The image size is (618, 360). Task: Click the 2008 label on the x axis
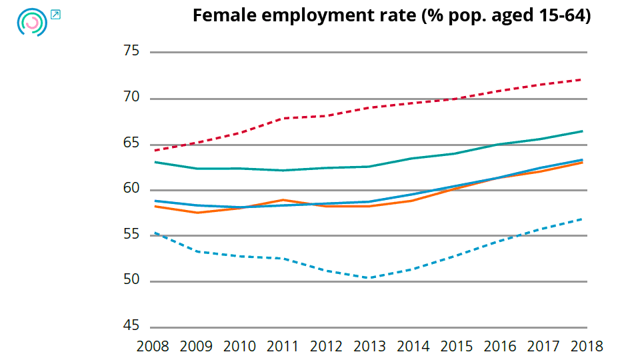[153, 347]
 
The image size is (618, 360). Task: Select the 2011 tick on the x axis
[283, 347]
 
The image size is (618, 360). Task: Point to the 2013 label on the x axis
[369, 347]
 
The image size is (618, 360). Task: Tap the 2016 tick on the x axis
[499, 347]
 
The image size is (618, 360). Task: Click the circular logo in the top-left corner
[32, 22]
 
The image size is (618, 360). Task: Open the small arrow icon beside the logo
[55, 14]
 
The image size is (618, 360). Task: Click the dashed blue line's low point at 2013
[369, 277]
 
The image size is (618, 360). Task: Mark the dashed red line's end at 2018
[583, 79]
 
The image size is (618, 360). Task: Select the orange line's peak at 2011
[283, 200]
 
